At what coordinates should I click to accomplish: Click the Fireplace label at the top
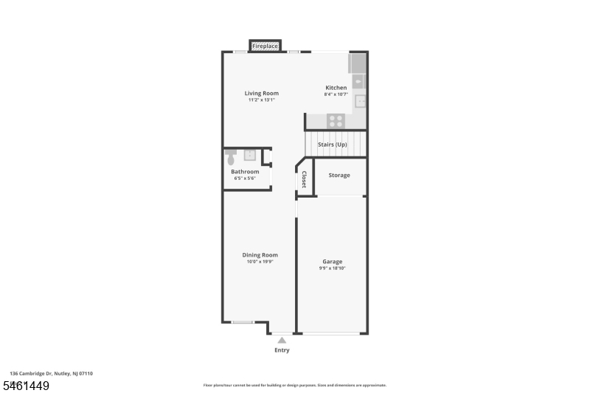click(265, 46)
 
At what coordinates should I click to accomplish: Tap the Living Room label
click(262, 93)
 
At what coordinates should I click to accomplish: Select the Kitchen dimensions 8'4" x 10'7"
click(336, 94)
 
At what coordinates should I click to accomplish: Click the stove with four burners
click(336, 121)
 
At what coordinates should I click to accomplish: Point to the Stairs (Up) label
click(333, 145)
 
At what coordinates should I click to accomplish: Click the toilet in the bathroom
click(231, 157)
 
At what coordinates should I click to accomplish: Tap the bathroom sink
click(249, 155)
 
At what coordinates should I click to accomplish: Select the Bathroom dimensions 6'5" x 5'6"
click(245, 178)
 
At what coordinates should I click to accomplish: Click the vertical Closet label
click(304, 179)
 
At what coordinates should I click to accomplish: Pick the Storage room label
click(339, 175)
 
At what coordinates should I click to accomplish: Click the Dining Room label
click(260, 255)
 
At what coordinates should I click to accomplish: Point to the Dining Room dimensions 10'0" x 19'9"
click(260, 262)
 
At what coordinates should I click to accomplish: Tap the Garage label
click(333, 262)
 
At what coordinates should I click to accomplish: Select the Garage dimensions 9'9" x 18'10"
click(333, 268)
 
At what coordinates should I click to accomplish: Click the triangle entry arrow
click(282, 341)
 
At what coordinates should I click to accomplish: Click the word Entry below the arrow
click(282, 350)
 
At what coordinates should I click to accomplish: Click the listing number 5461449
click(27, 386)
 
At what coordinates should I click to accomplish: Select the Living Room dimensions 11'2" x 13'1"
click(262, 100)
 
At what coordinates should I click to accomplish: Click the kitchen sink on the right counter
click(361, 101)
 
